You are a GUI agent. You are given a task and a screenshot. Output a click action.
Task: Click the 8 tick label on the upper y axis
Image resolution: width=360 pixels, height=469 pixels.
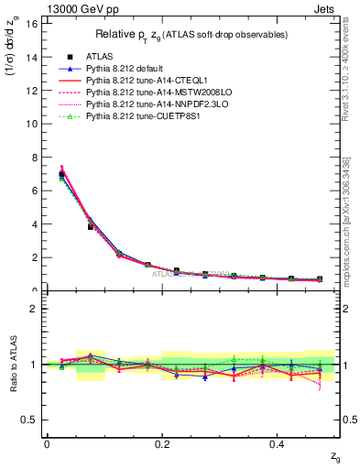click(35, 158)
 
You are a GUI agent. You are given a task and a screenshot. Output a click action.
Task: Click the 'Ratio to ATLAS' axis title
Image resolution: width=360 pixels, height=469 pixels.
click(12, 365)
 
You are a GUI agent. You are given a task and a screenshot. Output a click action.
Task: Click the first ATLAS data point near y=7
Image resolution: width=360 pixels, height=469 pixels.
click(61, 174)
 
